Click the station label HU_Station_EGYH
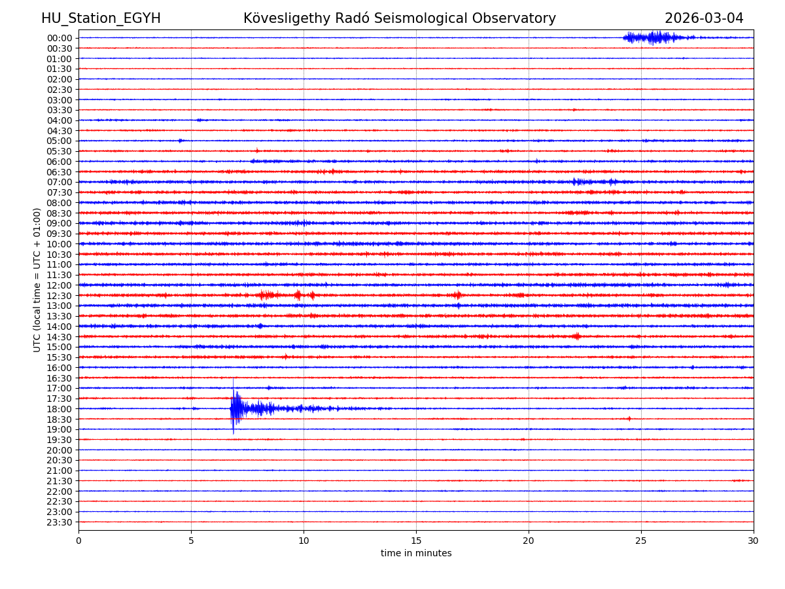101,18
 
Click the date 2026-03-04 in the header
704,18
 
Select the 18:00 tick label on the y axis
60,409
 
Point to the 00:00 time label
60,38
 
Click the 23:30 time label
60,522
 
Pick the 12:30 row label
60,296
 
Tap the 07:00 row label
60,182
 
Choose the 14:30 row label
60,337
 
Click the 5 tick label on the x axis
191,541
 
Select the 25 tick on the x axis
641,541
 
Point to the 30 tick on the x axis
754,541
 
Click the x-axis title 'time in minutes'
416,554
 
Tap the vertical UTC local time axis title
37,279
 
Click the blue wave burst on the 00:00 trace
654,37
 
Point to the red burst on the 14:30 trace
576,336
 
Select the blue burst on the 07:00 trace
579,181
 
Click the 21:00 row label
60,471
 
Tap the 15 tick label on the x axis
416,541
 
